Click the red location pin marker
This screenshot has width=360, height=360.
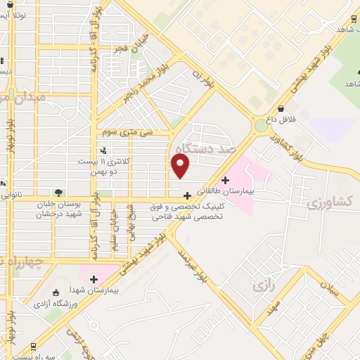[181, 166]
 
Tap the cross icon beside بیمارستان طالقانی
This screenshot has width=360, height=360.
[225, 180]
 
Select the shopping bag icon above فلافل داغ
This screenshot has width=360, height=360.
[282, 108]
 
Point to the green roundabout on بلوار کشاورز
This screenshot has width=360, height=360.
[262, 126]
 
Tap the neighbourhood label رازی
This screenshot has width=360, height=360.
[262, 285]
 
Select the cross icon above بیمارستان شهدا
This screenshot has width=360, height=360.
[93, 279]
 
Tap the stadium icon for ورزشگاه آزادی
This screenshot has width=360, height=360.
[57, 292]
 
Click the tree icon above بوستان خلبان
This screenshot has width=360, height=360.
[58, 192]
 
